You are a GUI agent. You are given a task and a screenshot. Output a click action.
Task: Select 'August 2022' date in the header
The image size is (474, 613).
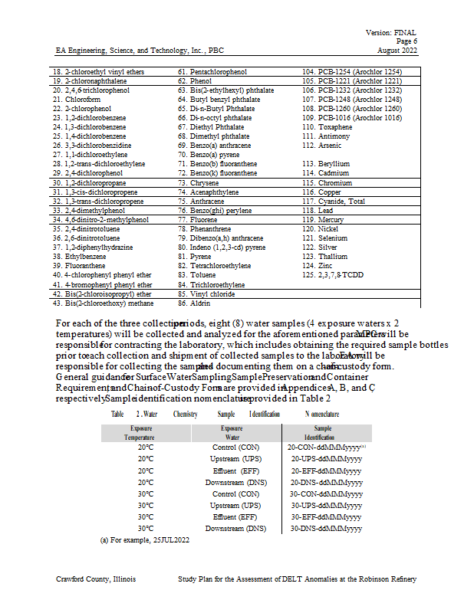tap(397, 51)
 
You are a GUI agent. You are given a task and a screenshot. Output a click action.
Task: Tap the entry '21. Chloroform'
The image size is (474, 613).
tap(77, 99)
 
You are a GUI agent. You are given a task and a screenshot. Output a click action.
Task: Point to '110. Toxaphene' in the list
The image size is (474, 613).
tap(328, 126)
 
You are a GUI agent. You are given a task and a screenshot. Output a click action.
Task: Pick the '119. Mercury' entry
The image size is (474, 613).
tap(322, 219)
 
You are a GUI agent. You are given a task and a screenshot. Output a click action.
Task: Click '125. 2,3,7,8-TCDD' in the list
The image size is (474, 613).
tap(333, 274)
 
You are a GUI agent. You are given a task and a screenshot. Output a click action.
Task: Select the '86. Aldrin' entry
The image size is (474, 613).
tap(194, 303)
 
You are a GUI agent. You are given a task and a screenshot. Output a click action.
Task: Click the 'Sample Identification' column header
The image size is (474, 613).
tap(323, 432)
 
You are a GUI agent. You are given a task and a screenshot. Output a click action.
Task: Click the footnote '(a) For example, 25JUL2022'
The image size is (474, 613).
tap(146, 539)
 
